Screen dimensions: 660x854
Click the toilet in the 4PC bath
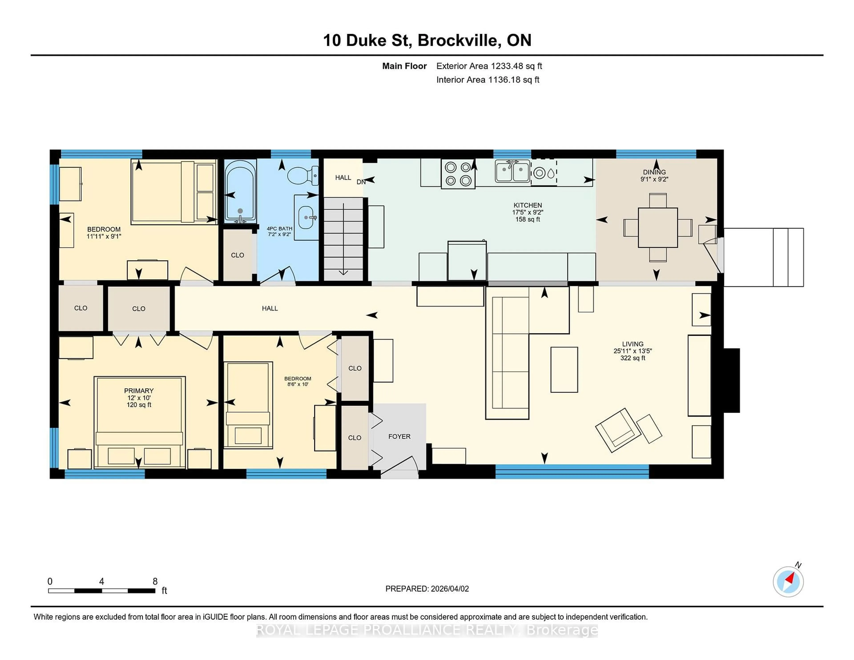coord(303,175)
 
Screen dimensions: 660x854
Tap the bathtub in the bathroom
coord(240,192)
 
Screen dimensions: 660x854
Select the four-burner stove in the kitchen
coord(458,174)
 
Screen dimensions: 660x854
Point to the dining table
coord(658,227)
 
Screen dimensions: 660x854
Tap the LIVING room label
coord(632,344)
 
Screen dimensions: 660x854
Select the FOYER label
coord(399,436)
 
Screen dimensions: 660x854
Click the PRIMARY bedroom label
coord(139,391)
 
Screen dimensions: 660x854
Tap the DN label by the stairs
coord(361,182)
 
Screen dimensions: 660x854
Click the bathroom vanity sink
coord(306,217)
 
